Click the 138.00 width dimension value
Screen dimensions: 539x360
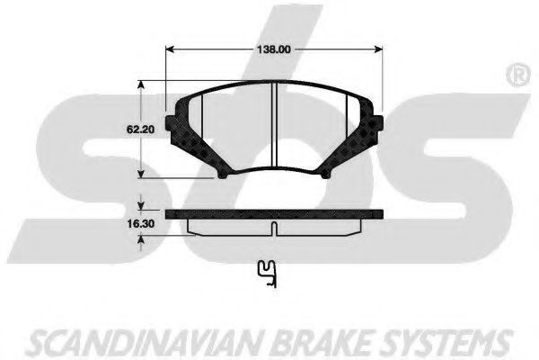(x=274, y=49)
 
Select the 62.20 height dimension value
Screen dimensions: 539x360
(x=141, y=130)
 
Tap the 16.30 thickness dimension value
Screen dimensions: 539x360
(x=141, y=224)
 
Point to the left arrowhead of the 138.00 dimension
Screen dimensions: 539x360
(x=171, y=49)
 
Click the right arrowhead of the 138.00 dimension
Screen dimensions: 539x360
(x=377, y=49)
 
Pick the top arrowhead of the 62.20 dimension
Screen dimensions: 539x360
(x=140, y=85)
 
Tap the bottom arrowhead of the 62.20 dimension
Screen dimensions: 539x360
(x=140, y=173)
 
